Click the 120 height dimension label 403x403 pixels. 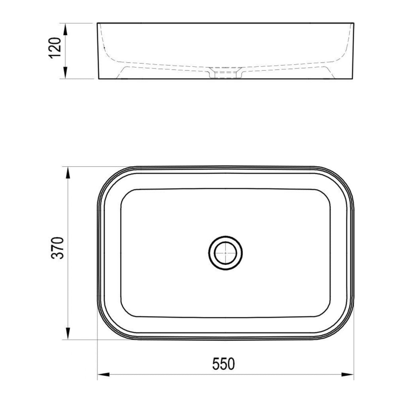click(55, 49)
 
